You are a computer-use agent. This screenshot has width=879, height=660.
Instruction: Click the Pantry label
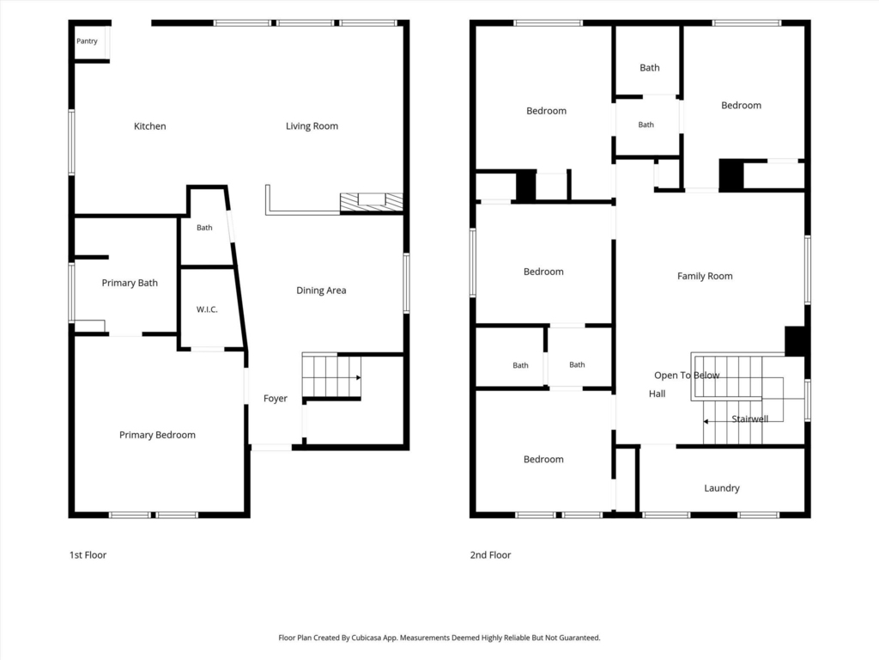click(x=87, y=41)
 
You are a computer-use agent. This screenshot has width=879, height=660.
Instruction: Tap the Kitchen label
click(x=149, y=126)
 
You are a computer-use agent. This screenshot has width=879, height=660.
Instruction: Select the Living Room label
click(x=312, y=126)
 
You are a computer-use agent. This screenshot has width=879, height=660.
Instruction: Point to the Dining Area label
click(x=321, y=290)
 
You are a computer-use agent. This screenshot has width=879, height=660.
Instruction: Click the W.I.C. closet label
click(x=207, y=309)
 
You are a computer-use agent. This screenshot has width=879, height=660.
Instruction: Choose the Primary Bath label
click(x=130, y=283)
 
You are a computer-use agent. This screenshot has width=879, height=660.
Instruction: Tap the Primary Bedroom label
click(x=158, y=435)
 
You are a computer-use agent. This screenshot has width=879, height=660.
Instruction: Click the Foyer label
click(x=276, y=399)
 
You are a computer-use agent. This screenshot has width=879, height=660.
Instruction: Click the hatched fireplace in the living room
click(x=371, y=203)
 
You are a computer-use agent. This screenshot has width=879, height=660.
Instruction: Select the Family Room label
click(x=705, y=276)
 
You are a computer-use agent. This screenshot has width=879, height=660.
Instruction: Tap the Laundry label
click(x=721, y=488)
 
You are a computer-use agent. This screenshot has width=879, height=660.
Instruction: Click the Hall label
click(x=657, y=394)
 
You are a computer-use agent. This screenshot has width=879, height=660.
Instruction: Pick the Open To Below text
click(x=687, y=376)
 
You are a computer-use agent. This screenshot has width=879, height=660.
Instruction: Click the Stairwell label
click(x=750, y=419)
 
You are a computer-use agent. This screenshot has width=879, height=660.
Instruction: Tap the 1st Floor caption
click(x=88, y=555)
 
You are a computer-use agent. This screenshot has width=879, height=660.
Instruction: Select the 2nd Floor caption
click(x=490, y=555)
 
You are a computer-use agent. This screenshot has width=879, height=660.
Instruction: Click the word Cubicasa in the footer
click(x=366, y=638)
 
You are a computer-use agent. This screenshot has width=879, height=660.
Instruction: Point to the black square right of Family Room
click(x=796, y=341)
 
